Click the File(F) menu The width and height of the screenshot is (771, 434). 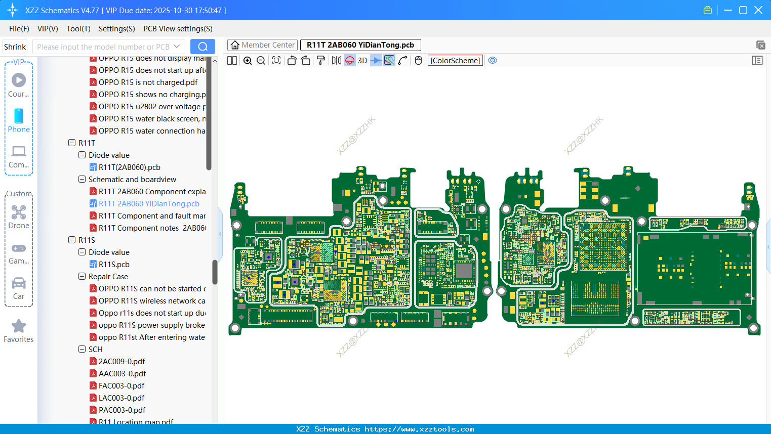19,29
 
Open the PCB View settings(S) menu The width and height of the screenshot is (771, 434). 178,29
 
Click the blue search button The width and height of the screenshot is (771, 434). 202,47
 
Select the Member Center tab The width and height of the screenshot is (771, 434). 263,45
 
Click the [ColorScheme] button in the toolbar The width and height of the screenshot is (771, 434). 455,61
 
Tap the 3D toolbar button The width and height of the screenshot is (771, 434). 362,61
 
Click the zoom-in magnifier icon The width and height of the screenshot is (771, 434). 248,61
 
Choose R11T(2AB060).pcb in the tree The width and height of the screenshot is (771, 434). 129,167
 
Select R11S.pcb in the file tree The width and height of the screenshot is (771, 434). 114,265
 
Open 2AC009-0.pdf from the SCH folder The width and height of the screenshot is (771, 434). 121,362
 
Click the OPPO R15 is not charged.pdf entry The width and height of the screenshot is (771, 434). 148,82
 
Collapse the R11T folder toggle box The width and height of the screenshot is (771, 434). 72,143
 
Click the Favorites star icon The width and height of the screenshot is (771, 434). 19,326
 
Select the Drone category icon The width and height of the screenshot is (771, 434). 19,212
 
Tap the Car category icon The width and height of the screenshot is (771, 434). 19,283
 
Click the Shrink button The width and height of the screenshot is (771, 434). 15,47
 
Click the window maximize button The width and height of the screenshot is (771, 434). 743,10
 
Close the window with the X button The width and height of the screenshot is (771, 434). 758,10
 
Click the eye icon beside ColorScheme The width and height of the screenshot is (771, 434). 493,61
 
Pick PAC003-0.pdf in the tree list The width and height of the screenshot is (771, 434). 122,410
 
